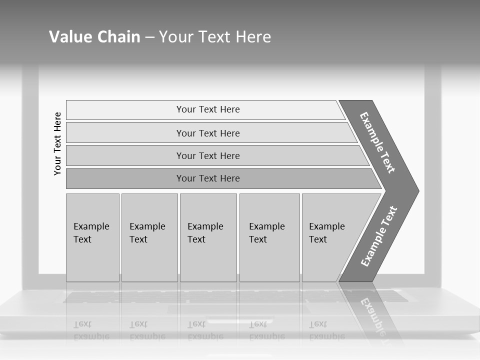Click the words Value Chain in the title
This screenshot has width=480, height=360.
point(94,36)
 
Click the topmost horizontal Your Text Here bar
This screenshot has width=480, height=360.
point(207,109)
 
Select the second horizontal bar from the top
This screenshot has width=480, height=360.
point(207,133)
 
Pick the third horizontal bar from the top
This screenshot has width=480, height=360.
point(207,155)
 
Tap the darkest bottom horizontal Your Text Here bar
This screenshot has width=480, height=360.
point(207,178)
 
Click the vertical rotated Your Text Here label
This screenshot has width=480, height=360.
point(57,143)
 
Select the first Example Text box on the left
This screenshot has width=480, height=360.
point(92,237)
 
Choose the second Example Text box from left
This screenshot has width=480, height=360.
point(149,237)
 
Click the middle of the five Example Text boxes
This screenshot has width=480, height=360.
point(208,237)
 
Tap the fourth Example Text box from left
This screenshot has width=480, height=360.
point(269,237)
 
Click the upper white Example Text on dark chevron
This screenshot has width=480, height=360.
point(377,142)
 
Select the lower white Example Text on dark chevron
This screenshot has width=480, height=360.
point(379,236)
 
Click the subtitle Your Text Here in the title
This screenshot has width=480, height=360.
point(215,36)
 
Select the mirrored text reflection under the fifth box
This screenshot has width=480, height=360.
point(327,330)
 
